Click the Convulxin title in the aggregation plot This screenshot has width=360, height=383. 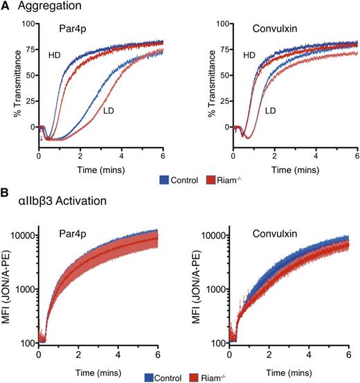click(280, 30)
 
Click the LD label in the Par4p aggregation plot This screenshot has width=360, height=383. click(108, 109)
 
